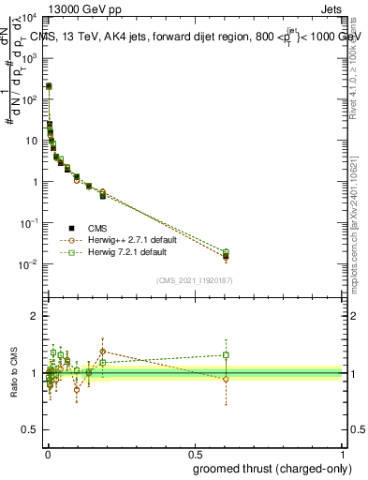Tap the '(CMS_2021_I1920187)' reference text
pyautogui.click(x=194, y=280)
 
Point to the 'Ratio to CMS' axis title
pyautogui.click(x=13, y=372)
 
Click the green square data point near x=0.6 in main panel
pyautogui.click(x=226, y=251)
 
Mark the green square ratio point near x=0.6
pyautogui.click(x=226, y=355)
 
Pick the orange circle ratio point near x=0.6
pyautogui.click(x=226, y=379)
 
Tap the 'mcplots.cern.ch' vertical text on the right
pyautogui.click(x=359, y=253)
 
